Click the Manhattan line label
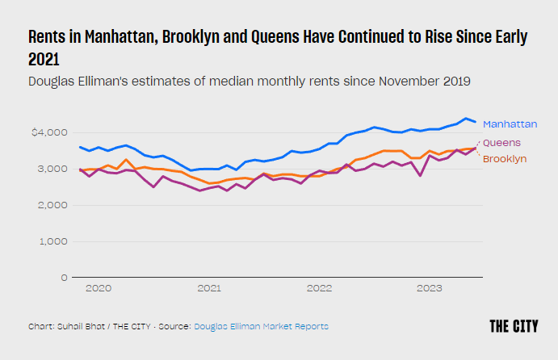(510, 124)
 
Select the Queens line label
(501, 143)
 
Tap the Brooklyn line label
(505, 159)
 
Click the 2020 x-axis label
(98, 288)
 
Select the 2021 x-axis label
(209, 288)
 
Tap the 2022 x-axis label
(320, 288)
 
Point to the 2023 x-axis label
(430, 288)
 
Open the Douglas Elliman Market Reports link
(261, 326)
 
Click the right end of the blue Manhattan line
(475, 123)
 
